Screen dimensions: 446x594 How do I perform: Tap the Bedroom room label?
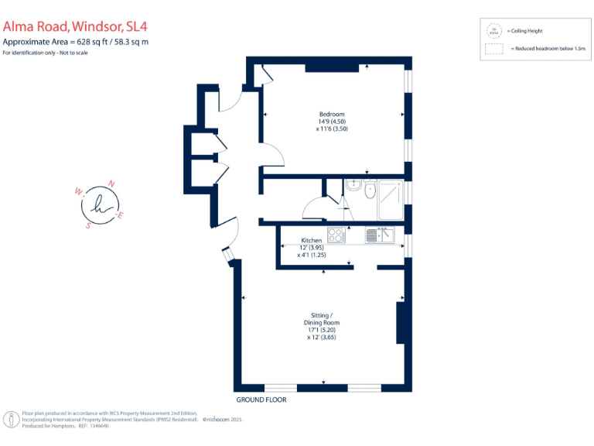332,115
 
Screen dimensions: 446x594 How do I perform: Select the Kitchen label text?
311,240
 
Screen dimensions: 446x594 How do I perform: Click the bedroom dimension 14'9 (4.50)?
332,122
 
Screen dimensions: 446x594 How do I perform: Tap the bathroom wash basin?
353,185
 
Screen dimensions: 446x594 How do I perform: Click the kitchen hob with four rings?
336,235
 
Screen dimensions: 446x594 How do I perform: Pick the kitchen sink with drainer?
381,235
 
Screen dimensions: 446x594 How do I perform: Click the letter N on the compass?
111,184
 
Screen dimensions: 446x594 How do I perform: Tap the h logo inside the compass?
99,204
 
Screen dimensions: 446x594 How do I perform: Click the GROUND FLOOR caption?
261,400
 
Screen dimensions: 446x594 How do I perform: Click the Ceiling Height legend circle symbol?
493,32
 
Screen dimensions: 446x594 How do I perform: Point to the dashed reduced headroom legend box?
493,49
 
